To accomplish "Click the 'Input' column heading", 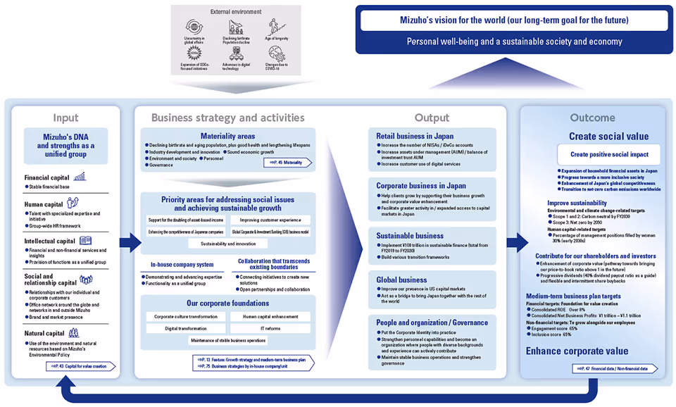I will click(66, 118).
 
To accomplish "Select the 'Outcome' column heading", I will click(592, 118).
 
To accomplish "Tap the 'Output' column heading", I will click(432, 118).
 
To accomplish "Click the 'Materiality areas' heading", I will click(228, 136).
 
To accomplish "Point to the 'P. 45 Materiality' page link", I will click(287, 163).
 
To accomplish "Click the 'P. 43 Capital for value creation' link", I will click(80, 366).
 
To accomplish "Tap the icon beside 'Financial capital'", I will click(80, 177).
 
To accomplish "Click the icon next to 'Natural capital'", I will click(75, 333).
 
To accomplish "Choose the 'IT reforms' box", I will click(270, 328).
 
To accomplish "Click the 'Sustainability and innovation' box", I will click(227, 244).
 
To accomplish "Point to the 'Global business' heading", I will click(402, 280).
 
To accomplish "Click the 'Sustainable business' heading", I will click(410, 236).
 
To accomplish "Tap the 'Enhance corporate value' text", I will click(577, 351).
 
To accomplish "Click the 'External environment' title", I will click(235, 12).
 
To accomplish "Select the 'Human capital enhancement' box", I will click(270, 317).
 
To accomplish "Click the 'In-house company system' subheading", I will click(182, 265).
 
